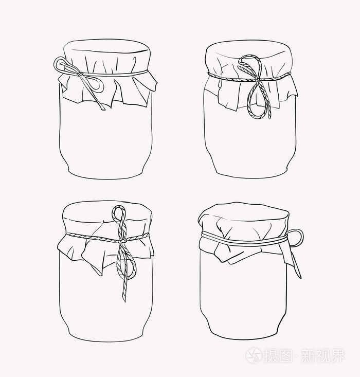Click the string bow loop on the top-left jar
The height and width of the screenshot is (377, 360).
point(63,65)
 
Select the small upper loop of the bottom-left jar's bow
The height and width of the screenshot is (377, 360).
point(119,213)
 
